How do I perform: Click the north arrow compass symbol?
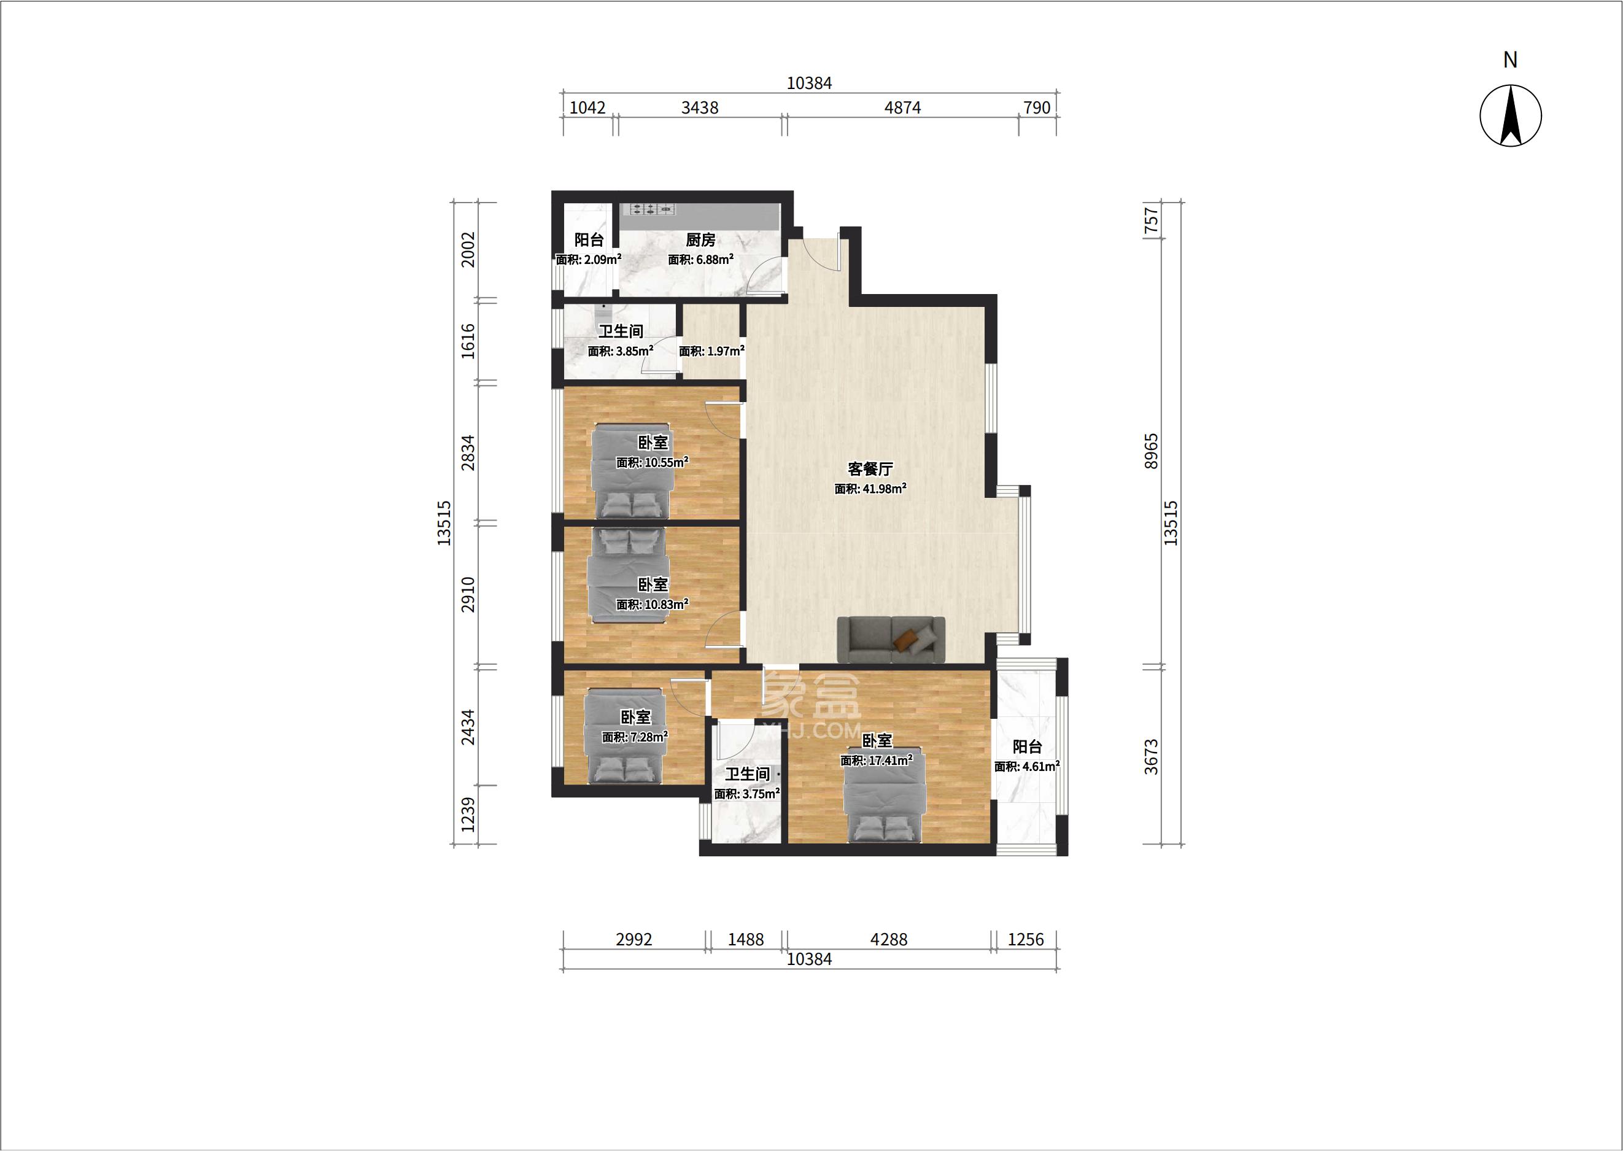point(1510,115)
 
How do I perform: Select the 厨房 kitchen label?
point(700,240)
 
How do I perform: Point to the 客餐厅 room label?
point(870,469)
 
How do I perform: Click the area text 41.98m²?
point(870,488)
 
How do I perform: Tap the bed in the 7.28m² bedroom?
point(624,735)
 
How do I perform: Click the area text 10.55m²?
point(652,462)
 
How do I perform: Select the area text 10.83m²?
point(652,605)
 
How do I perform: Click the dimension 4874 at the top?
point(902,107)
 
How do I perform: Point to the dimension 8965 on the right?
point(1151,451)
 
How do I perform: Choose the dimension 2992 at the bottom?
point(633,940)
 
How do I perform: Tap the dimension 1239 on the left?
point(468,815)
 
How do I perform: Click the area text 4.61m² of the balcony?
point(1027,766)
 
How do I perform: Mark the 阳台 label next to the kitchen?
point(589,240)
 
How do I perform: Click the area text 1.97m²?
point(711,351)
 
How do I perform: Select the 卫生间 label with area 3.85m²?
point(621,331)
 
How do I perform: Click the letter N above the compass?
point(1510,60)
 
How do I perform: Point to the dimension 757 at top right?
point(1151,220)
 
